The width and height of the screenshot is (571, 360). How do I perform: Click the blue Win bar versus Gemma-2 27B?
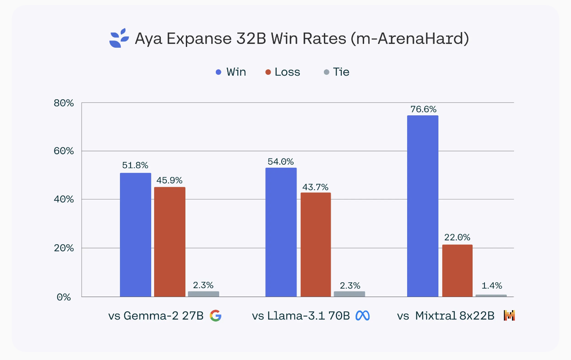pos(136,235)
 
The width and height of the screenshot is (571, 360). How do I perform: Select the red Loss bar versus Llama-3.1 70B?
pos(315,244)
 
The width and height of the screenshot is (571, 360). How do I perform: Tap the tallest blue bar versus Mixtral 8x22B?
pos(422,206)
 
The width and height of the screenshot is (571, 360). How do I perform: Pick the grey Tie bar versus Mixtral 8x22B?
pos(491,295)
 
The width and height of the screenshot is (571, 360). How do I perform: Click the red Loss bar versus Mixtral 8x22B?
pos(457,270)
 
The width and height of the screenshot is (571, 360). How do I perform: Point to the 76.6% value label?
pos(423,109)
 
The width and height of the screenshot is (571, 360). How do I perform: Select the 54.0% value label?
pos(281,161)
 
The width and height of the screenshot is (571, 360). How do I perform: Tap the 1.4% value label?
pos(491,286)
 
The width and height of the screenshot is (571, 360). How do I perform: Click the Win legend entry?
pos(231,72)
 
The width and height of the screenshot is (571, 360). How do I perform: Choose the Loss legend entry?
pos(283,72)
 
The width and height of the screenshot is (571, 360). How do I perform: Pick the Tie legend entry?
pos(337,72)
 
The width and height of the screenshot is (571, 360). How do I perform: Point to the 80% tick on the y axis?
pos(65,103)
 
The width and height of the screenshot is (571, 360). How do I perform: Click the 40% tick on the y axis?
pos(65,199)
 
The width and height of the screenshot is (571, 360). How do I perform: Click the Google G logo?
pos(215,316)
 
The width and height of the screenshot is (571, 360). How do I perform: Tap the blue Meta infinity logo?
pos(362,316)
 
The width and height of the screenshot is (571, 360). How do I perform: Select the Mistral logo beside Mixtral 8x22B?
pos(509,316)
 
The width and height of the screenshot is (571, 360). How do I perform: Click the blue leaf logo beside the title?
pos(119,38)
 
